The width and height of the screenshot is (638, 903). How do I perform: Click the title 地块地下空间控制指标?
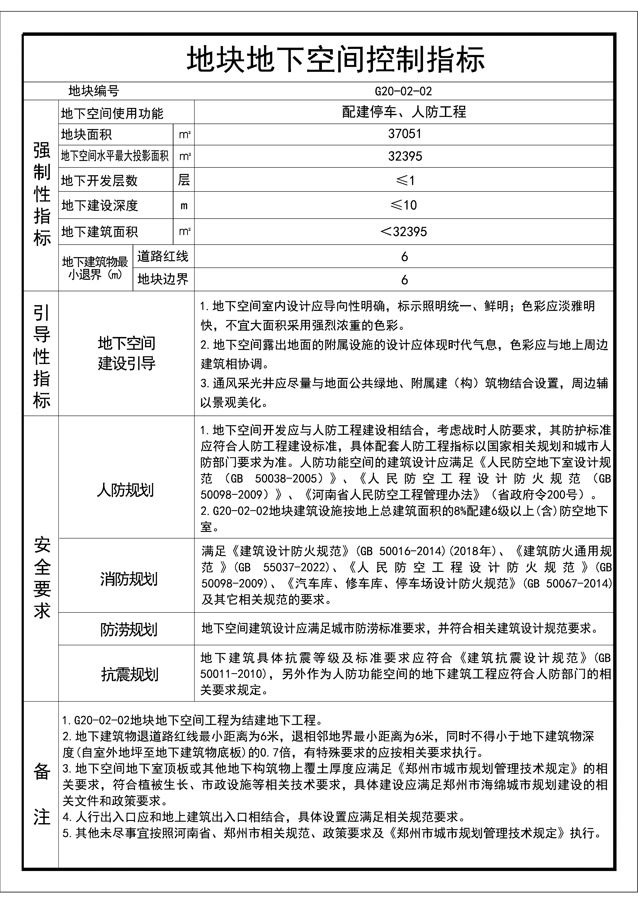335,60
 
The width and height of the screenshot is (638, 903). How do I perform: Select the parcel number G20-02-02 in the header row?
403,91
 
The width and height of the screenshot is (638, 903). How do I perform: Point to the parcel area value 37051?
404,134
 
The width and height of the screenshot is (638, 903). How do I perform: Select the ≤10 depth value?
404,205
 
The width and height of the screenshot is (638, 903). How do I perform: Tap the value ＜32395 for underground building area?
404,232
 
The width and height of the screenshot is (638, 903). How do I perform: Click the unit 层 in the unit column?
184,180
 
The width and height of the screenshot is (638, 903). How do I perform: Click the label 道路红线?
163,256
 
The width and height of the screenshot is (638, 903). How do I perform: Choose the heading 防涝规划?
129,630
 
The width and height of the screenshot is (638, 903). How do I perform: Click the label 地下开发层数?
99,180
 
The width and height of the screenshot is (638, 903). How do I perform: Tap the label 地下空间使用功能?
112,114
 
